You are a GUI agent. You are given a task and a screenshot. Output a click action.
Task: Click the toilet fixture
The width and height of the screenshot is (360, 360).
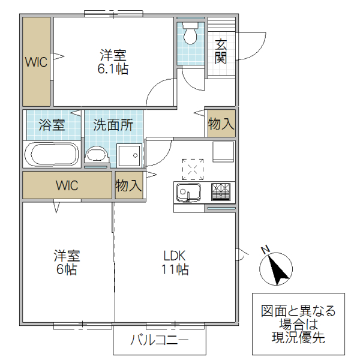pyautogui.click(x=191, y=34)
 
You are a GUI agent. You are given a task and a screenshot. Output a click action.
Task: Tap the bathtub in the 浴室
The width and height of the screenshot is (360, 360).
pyautogui.click(x=52, y=154)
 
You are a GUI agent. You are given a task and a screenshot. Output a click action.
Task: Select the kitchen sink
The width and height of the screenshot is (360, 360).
pyautogui.click(x=187, y=193)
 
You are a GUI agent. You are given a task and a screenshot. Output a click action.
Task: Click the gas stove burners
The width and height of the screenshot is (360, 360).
pyautogui.click(x=221, y=192)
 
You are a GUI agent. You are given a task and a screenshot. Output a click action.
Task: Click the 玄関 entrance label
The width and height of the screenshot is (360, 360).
pyautogui.click(x=221, y=50)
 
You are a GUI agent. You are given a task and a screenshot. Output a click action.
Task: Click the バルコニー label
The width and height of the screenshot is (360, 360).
pyautogui.click(x=160, y=341)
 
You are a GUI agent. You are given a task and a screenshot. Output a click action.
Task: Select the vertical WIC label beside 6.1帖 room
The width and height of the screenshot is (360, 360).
pyautogui.click(x=36, y=62)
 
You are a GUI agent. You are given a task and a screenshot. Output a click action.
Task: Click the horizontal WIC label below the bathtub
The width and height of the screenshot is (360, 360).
pyautogui.click(x=67, y=185)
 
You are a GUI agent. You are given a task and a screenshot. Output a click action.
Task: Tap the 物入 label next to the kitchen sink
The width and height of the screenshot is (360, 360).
pyautogui.click(x=128, y=185)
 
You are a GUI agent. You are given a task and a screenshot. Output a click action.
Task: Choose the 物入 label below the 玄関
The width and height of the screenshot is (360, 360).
pyautogui.click(x=221, y=124)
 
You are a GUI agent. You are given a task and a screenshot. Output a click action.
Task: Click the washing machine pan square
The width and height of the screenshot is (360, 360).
pyautogui.click(x=128, y=156)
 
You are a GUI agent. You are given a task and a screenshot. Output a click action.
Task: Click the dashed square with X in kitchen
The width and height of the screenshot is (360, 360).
pyautogui.click(x=193, y=169)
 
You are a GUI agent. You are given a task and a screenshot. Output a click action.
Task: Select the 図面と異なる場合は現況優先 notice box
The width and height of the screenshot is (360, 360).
pyautogui.click(x=298, y=325)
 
